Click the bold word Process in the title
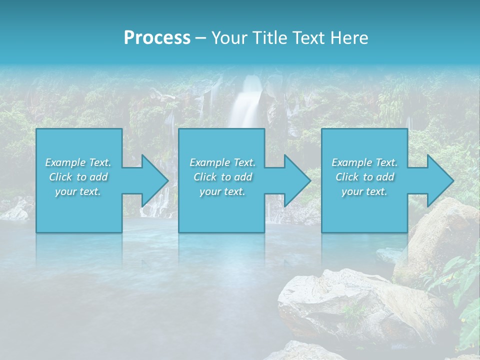[x=157, y=38]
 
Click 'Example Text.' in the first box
[x=78, y=162]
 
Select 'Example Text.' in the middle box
[x=222, y=162]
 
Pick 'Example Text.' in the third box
[x=364, y=162]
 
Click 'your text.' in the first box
[x=78, y=191]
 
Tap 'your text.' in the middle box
[x=222, y=191]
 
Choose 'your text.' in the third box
[x=364, y=191]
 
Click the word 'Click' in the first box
[x=60, y=177]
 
